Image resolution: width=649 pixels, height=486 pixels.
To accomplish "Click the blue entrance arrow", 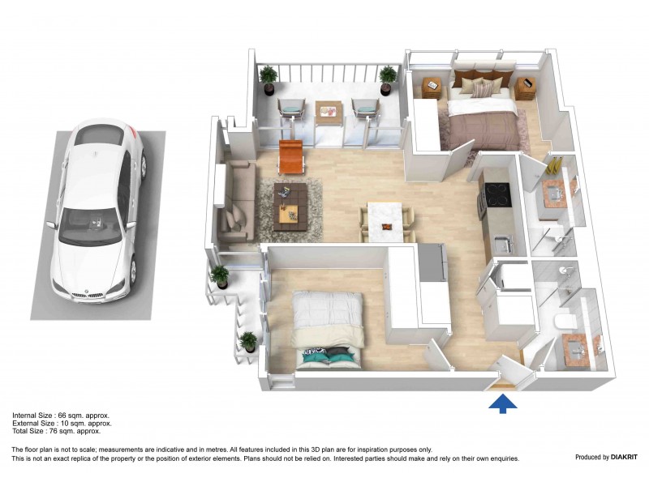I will tap(503, 402).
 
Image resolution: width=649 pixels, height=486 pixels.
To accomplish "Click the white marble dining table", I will tap(386, 218).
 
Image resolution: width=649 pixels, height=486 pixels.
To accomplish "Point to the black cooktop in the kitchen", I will tap(496, 194).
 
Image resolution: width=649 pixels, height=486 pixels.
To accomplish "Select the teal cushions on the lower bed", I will tap(328, 353).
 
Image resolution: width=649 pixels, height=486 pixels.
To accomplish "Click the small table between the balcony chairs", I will tap(329, 110).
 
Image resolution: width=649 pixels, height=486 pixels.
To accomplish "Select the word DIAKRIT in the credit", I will tap(623, 457).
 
